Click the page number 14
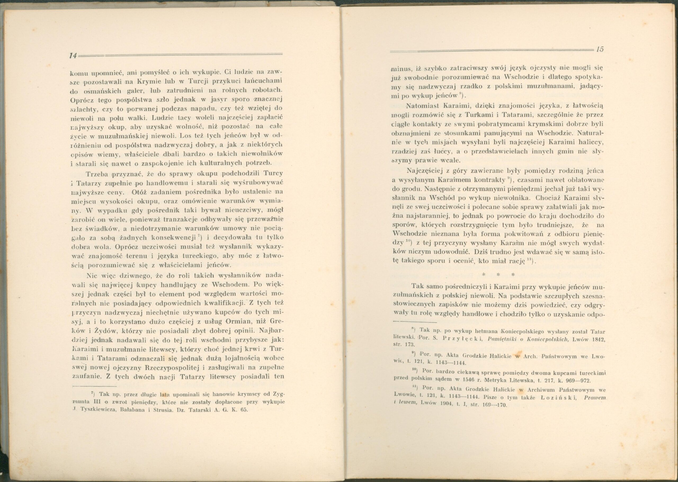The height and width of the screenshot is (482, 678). (x=73, y=55)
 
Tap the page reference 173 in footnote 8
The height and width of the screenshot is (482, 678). (x=411, y=345)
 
